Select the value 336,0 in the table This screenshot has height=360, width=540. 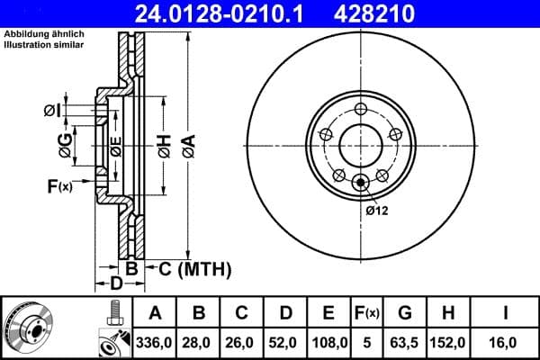(x=155, y=342)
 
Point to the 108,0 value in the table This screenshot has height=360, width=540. (x=329, y=342)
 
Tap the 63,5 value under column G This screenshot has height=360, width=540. (x=405, y=342)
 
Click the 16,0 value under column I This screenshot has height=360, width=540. (x=507, y=342)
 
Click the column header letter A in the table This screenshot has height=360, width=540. (x=155, y=313)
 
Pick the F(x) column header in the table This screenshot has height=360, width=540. (x=367, y=313)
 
